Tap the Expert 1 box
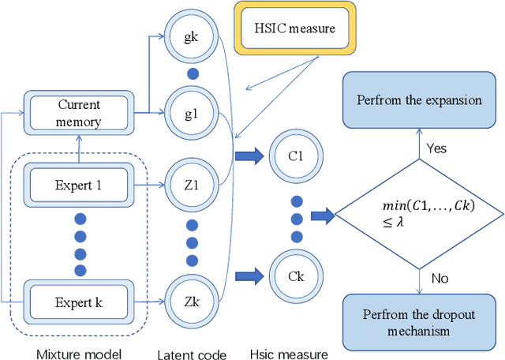click(80, 187)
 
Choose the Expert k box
click(80, 302)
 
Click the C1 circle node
click(294, 156)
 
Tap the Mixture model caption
click(80, 352)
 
